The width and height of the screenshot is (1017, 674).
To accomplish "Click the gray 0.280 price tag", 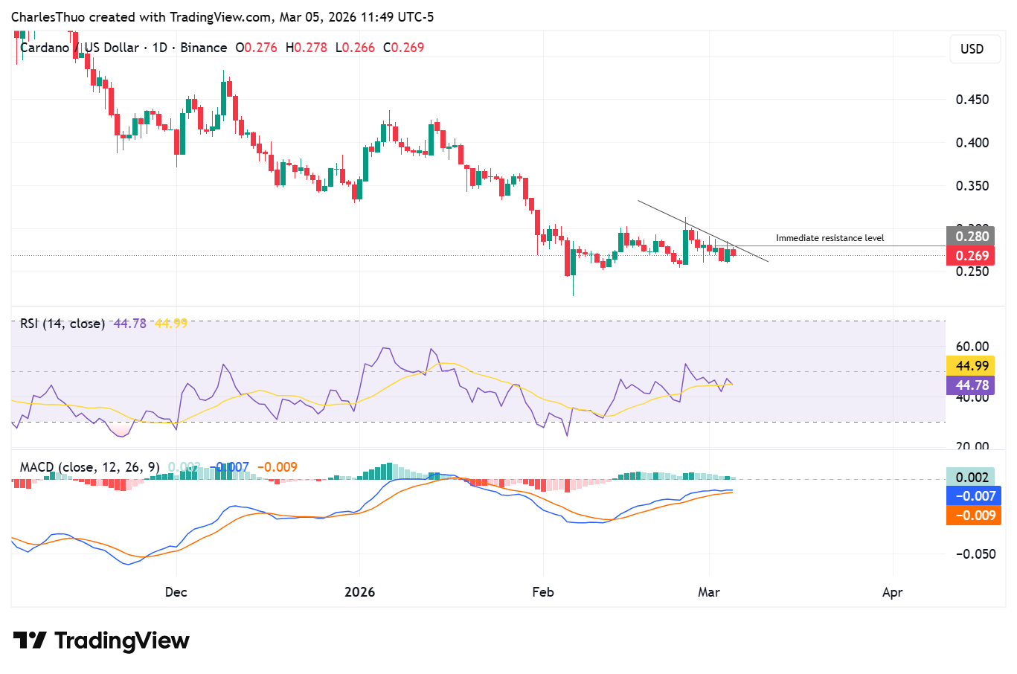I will (x=972, y=237).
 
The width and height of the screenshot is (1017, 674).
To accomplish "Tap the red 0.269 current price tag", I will (x=972, y=256).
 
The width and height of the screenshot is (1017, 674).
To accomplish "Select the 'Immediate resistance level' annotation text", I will (x=830, y=238).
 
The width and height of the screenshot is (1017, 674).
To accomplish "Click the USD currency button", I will (x=972, y=49).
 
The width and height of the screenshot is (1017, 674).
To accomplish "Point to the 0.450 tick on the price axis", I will (x=972, y=100).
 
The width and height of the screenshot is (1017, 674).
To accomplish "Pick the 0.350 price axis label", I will (x=972, y=186).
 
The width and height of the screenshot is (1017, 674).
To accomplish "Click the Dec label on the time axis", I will (x=176, y=592).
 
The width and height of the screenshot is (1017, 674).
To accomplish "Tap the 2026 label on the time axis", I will (x=359, y=592).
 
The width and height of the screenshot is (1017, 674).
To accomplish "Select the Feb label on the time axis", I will (x=543, y=592).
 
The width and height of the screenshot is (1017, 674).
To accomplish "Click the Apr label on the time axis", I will (x=892, y=592).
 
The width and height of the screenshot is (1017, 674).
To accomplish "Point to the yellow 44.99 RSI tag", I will (x=972, y=366).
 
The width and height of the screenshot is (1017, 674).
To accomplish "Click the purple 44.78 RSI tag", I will (x=972, y=385).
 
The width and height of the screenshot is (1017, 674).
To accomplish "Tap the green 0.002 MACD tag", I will (x=972, y=477).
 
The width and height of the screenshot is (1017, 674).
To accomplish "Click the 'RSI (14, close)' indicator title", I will (x=62, y=324).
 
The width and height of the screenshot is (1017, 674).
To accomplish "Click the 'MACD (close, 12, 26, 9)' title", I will (x=89, y=467).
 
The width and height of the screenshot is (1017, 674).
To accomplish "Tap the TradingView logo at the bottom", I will (x=101, y=641).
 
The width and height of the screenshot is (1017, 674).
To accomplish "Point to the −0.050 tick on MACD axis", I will (x=975, y=554).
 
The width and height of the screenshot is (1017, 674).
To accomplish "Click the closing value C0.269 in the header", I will (x=403, y=48).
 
